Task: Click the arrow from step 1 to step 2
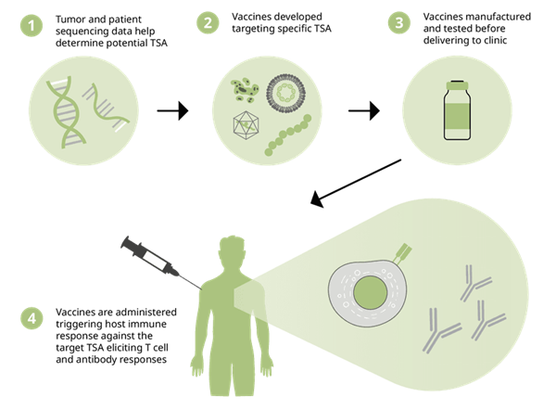(171, 110)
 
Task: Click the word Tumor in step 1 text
(72, 19)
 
